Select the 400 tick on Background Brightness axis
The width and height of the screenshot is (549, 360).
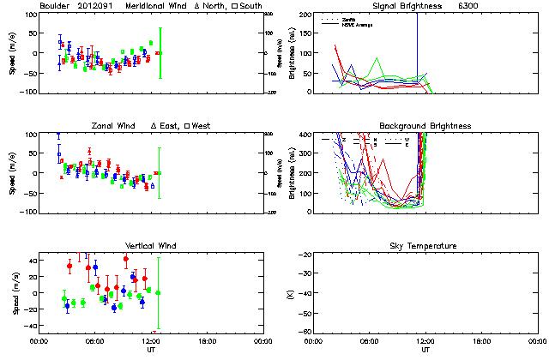pos(305,135)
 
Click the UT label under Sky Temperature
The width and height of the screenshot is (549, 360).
pos(425,350)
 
